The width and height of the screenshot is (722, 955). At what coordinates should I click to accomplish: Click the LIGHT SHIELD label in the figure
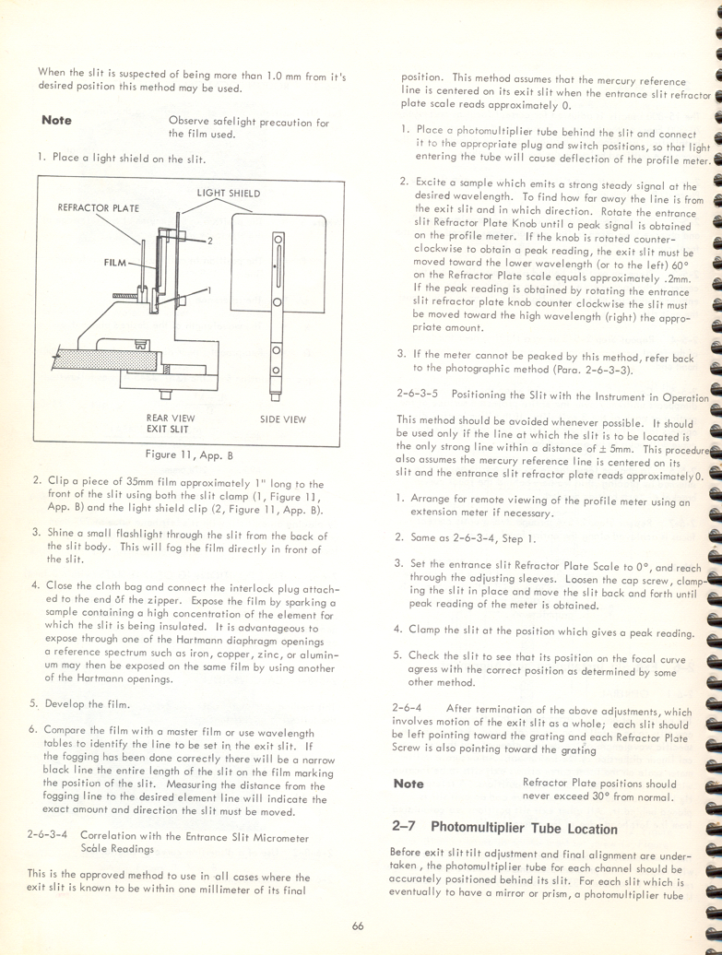coord(229,194)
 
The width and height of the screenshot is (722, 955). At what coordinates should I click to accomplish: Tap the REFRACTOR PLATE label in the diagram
coord(98,208)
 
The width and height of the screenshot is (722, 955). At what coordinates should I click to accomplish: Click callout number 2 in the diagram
coord(210,241)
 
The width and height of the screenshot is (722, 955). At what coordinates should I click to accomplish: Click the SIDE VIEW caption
coord(283,419)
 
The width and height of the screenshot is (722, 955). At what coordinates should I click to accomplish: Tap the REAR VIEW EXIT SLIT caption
coord(170,424)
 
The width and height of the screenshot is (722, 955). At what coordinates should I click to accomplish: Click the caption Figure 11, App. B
coord(189,454)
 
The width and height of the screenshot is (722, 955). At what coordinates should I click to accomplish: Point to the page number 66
coord(358,926)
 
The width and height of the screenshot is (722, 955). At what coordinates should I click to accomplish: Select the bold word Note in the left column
coord(56,121)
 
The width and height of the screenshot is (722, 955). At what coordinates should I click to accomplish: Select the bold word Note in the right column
coord(408,784)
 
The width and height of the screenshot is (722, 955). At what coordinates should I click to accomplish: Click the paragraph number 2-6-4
coord(410,709)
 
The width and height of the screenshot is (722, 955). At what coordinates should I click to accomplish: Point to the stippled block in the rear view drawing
coord(92,359)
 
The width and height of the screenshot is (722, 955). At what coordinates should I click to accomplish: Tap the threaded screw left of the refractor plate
coord(125,295)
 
